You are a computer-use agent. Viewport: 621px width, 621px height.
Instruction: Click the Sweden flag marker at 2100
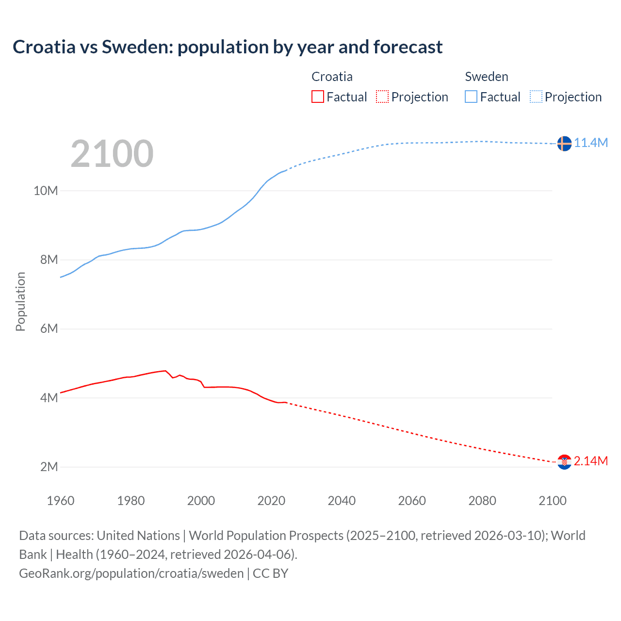click(564, 144)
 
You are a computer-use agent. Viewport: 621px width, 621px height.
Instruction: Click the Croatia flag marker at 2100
click(564, 462)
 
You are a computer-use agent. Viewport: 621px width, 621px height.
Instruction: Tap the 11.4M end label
click(591, 143)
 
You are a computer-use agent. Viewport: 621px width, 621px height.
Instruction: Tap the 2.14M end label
click(590, 461)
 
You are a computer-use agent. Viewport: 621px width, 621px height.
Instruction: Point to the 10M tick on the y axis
click(46, 191)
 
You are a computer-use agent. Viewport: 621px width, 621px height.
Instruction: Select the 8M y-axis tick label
click(49, 260)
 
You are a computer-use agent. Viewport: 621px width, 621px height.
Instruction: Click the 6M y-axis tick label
click(49, 328)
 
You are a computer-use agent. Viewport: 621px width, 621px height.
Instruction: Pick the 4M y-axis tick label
click(49, 398)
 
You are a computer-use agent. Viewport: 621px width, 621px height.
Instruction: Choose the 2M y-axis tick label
click(49, 467)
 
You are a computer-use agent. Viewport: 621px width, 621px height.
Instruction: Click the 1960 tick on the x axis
click(61, 501)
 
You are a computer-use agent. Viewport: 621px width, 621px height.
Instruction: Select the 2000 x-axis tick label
click(201, 501)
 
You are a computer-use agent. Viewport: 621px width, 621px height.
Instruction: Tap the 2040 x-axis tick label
click(342, 501)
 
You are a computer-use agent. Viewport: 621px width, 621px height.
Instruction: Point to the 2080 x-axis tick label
click(482, 501)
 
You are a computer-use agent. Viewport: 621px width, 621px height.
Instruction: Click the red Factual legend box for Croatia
click(318, 97)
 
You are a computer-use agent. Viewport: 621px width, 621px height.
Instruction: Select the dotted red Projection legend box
click(382, 97)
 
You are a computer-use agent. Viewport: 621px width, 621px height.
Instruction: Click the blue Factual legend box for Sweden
click(471, 97)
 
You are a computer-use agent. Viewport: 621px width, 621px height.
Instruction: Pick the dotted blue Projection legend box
click(536, 97)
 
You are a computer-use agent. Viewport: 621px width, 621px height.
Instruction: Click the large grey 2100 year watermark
click(112, 154)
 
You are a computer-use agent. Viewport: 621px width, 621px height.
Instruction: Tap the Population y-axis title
click(20, 301)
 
